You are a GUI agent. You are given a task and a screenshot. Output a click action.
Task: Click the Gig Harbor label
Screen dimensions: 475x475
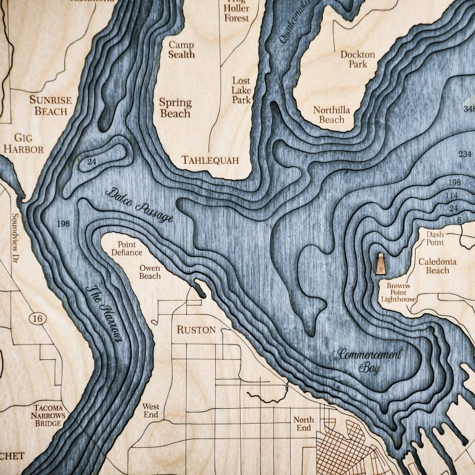23,143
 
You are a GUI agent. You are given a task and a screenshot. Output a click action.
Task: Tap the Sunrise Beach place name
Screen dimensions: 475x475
51,105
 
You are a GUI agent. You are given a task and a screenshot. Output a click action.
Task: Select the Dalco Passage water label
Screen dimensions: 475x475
139,204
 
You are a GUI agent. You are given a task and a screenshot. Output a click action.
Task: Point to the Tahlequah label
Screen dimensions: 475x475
210,160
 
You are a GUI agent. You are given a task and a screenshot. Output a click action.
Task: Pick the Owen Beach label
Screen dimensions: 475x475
150,272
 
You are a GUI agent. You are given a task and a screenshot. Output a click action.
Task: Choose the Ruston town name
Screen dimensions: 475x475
196,330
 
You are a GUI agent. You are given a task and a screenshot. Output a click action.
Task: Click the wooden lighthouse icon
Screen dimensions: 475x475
381,263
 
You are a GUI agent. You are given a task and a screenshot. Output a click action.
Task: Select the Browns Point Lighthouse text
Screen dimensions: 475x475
398,293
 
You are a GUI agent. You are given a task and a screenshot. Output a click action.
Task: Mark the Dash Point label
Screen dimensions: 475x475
439,238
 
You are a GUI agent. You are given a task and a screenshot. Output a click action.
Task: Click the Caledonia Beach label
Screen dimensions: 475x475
437,266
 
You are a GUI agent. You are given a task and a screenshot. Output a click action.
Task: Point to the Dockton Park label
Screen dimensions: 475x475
357,59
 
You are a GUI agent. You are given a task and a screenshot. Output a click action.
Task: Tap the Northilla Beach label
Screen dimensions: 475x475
331,114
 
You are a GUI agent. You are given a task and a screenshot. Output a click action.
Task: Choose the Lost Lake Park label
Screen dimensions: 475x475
241,90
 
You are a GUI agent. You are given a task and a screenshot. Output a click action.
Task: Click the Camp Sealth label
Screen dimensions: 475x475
181,49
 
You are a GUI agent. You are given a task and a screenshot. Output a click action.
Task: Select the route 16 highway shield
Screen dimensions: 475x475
36,318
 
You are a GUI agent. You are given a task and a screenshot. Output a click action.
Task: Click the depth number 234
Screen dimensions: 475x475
464,154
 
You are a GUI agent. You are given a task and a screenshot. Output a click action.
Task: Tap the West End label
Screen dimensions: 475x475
151,411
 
